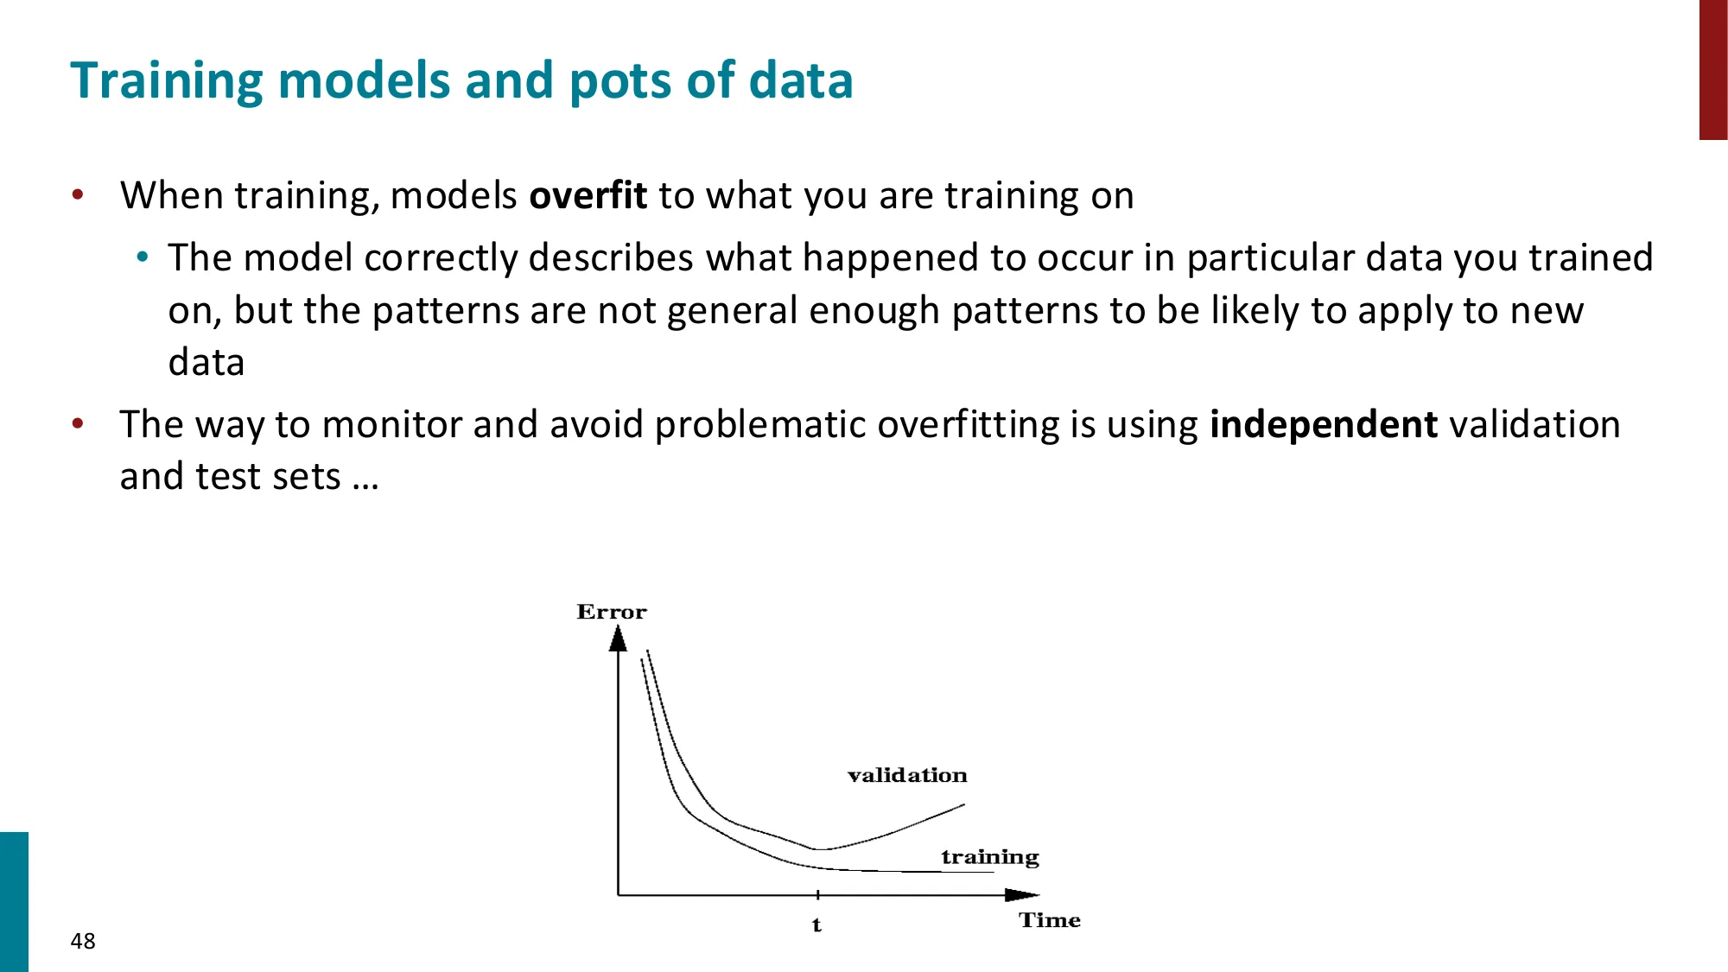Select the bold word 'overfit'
pyautogui.click(x=588, y=195)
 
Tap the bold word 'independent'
pyautogui.click(x=1324, y=425)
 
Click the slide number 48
pyautogui.click(x=83, y=941)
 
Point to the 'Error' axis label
pyautogui.click(x=612, y=612)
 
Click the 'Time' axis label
pyautogui.click(x=1050, y=920)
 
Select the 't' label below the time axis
pyautogui.click(x=816, y=925)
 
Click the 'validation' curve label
pyautogui.click(x=907, y=775)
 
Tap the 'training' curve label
pyautogui.click(x=990, y=856)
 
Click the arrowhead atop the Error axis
pyautogui.click(x=618, y=638)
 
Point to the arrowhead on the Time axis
pyautogui.click(x=1022, y=895)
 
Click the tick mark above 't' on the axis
pyautogui.click(x=817, y=895)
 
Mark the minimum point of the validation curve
pyautogui.click(x=816, y=850)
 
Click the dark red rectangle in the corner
pyautogui.click(x=1713, y=70)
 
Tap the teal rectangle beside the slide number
pyautogui.click(x=14, y=902)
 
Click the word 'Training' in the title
pyautogui.click(x=167, y=82)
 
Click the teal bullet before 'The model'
pyautogui.click(x=143, y=257)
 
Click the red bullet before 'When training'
pyautogui.click(x=78, y=194)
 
